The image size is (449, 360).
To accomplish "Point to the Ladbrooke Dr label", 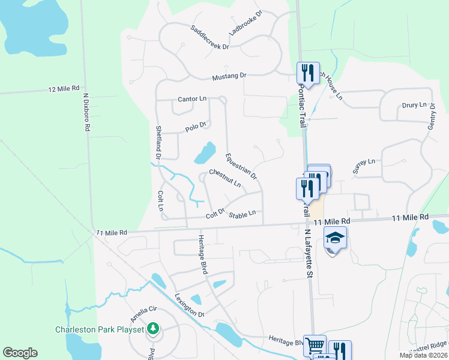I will tap(246, 23).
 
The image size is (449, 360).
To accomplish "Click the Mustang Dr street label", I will tap(229, 76).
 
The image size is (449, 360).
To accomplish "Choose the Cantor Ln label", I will tap(192, 98).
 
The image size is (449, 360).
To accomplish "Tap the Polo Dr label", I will tap(196, 127).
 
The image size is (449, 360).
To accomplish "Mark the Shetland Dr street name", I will tap(159, 142).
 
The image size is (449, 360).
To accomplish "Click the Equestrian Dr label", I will tap(241, 166).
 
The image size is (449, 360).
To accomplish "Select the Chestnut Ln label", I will tap(224, 178).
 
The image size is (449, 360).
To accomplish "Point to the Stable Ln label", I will tap(243, 212).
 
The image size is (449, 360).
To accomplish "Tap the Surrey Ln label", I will tap(364, 166).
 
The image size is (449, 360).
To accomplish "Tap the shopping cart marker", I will tap(315, 345).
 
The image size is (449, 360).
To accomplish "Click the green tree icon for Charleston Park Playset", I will tap(153, 329).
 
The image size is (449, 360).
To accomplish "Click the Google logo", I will tap(20, 353).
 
